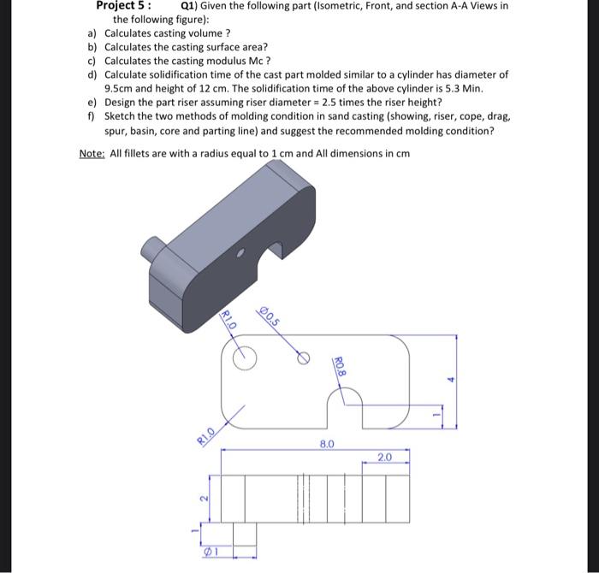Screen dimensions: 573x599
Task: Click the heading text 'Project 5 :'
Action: point(123,5)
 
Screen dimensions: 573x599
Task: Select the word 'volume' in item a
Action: point(199,32)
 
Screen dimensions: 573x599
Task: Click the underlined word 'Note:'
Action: point(92,153)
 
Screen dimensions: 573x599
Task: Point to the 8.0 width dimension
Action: point(327,445)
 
